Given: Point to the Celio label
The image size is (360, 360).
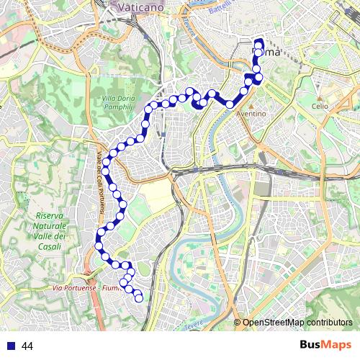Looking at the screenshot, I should (320, 106).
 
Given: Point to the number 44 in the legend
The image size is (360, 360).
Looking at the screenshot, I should (27, 346).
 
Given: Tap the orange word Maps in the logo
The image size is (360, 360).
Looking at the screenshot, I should (337, 345).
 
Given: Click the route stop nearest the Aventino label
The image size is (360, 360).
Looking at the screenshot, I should (230, 104).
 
